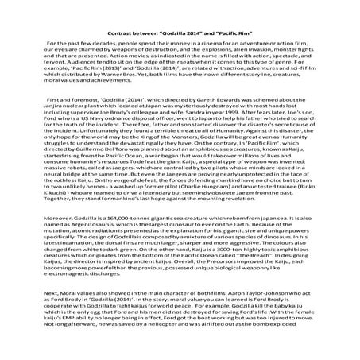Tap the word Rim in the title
pyautogui.click(x=258, y=26)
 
